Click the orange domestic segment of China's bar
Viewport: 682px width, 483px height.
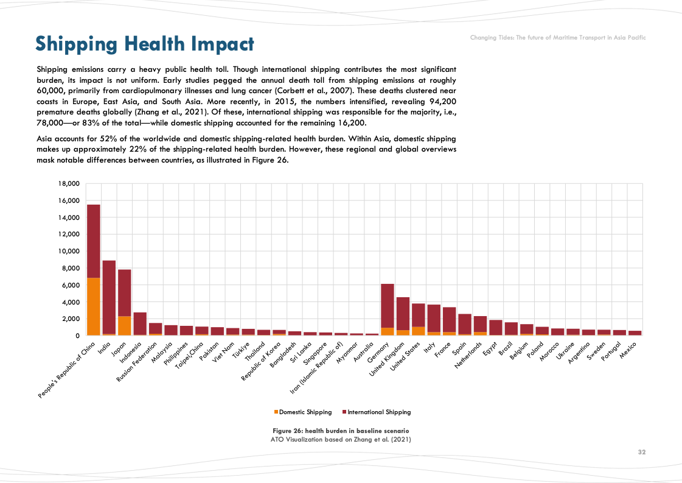pos(93,306)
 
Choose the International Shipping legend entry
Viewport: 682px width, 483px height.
pos(377,412)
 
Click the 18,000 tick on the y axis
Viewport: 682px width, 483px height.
pos(68,184)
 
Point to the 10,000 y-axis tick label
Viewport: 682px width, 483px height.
pos(68,252)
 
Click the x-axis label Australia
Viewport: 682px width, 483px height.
pos(371,349)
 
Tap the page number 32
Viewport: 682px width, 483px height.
pos(642,453)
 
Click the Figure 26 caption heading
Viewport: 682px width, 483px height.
pos(341,431)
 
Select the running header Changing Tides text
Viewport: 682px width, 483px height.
pos(558,38)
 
